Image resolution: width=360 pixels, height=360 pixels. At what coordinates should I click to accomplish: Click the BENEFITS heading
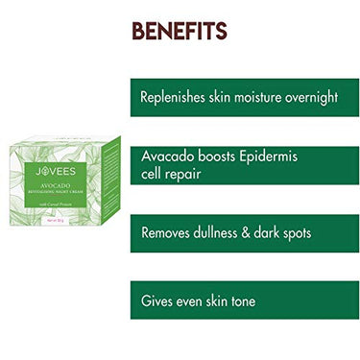point(180,31)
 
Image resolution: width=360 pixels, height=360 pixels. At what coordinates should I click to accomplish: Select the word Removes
point(167,233)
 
